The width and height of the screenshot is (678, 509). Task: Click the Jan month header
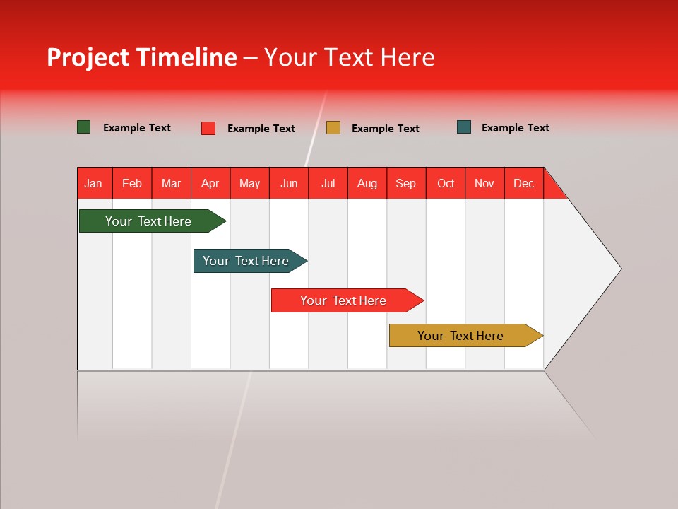[93, 183]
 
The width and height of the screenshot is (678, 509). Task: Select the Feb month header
[132, 183]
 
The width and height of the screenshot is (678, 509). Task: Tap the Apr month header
[210, 183]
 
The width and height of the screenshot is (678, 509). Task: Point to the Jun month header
[289, 183]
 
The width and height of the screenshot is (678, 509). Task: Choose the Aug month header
[367, 183]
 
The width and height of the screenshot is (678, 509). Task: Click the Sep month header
[406, 183]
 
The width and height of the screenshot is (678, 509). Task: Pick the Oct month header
[446, 183]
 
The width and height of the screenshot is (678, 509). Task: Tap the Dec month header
[524, 183]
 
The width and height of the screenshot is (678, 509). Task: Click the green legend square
[84, 127]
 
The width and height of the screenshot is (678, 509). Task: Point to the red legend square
[208, 128]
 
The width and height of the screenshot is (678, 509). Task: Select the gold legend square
[333, 128]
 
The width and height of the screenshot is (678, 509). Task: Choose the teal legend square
[464, 127]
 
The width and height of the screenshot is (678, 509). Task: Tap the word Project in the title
[89, 57]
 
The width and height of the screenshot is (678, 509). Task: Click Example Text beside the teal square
[515, 128]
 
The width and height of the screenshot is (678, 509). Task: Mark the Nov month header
[484, 183]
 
